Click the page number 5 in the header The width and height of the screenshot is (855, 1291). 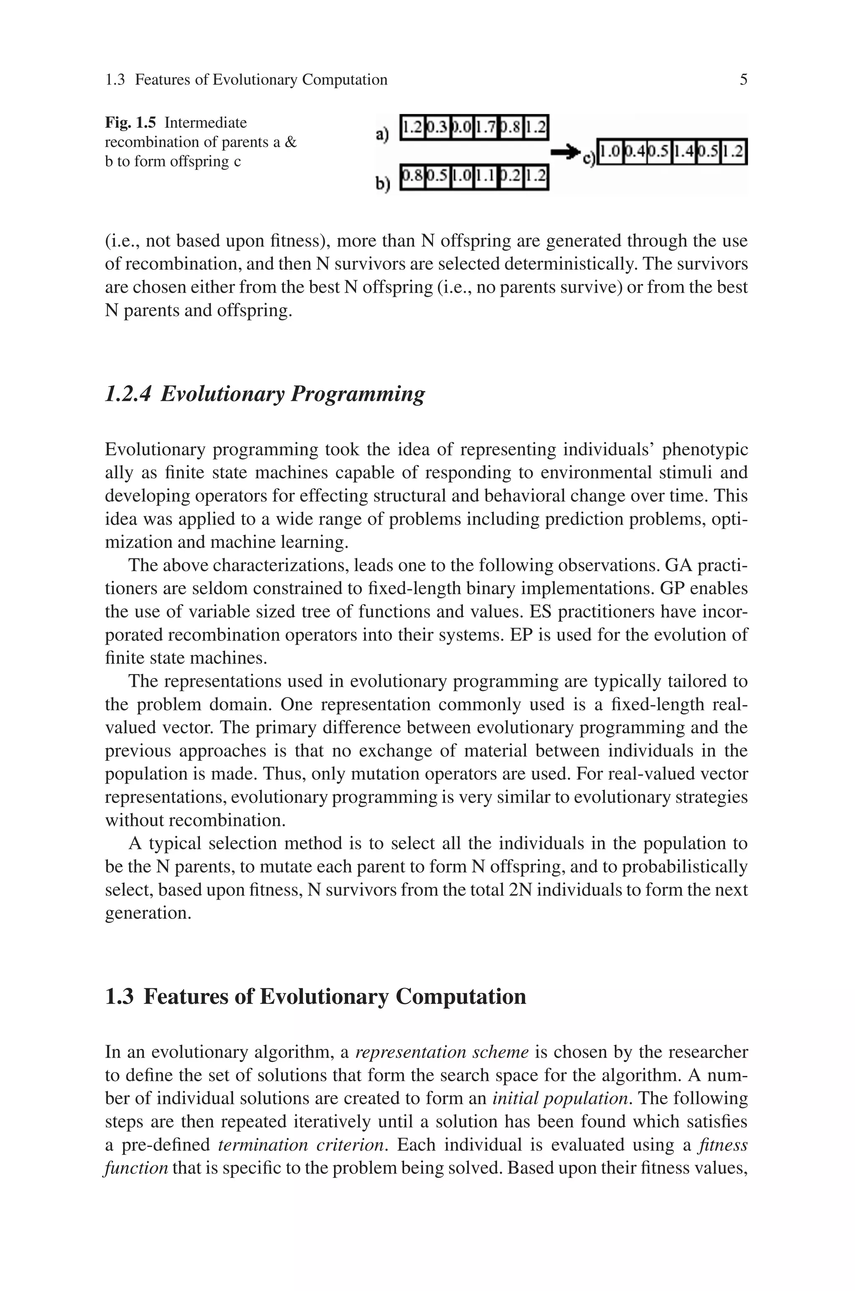(x=743, y=80)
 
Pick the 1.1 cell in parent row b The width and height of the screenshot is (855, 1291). (x=486, y=177)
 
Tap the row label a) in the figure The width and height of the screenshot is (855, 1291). (x=382, y=134)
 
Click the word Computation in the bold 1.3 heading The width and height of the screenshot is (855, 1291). (x=461, y=996)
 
